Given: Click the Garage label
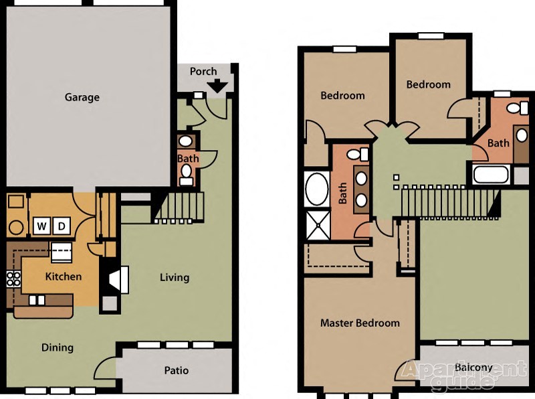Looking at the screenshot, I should [82, 97].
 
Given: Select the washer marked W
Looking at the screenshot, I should [41, 226].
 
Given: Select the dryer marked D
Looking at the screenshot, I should [61, 226].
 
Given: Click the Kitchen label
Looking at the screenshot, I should [64, 276].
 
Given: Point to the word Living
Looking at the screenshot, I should [175, 277].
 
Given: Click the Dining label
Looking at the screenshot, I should [58, 347].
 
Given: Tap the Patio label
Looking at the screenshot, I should [177, 370].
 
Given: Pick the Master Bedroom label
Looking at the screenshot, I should [360, 323].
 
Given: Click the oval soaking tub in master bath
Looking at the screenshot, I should [316, 189].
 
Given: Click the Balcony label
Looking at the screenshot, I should [473, 368].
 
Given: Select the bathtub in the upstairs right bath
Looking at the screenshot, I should [492, 175].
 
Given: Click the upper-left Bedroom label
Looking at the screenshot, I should [342, 95].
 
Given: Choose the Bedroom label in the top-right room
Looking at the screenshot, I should [428, 84].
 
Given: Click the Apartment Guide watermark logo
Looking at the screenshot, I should [465, 375].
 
